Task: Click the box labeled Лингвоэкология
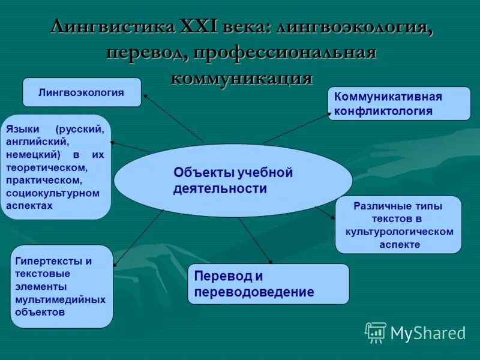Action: (82, 92)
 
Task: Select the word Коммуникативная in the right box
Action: (388, 97)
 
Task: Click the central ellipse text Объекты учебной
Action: (233, 173)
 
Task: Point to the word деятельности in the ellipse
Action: (220, 188)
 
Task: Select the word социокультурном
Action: (52, 193)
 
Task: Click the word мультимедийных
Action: (60, 299)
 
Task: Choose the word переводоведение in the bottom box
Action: (254, 292)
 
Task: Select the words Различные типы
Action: (398, 206)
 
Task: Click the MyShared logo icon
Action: (376, 332)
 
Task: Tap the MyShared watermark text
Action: (427, 333)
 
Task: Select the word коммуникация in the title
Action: (241, 77)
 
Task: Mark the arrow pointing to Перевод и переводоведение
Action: (255, 240)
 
